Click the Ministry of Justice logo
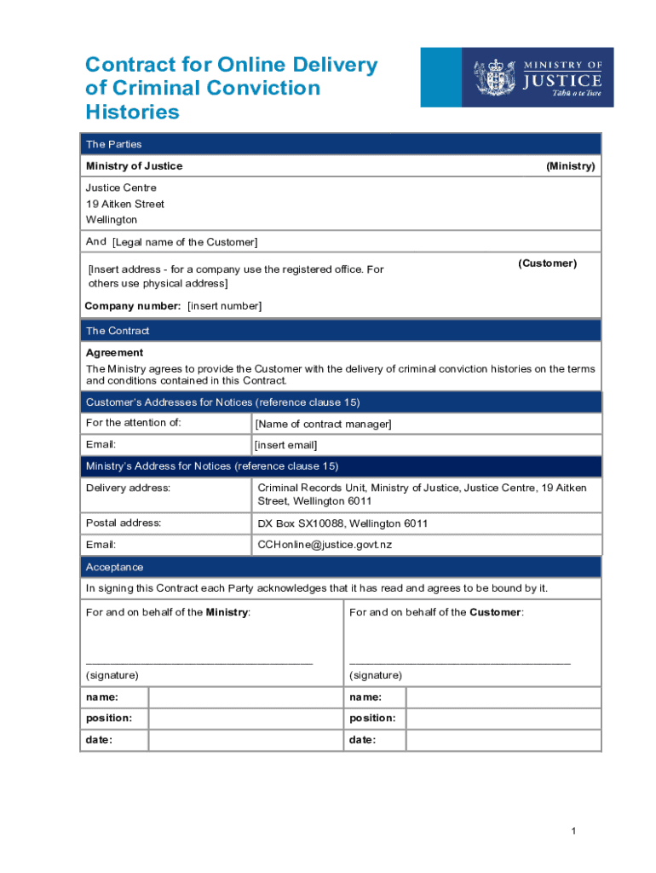click(x=528, y=77)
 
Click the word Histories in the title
click(x=132, y=112)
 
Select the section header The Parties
click(x=113, y=144)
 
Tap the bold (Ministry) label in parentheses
click(x=570, y=166)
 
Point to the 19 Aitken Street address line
click(x=124, y=204)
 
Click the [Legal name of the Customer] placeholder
click(x=185, y=242)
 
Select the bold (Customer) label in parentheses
click(x=547, y=263)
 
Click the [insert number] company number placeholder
click(x=224, y=306)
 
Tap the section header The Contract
click(x=117, y=331)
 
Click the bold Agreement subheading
click(x=114, y=352)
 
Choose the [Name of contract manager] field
click(x=323, y=424)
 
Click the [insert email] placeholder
click(x=286, y=445)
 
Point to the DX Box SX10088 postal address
click(x=342, y=523)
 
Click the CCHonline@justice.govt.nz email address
click(x=325, y=545)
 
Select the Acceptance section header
click(x=114, y=567)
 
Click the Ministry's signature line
click(x=199, y=662)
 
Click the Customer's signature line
click(x=460, y=662)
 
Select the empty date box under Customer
click(x=503, y=740)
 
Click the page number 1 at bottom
click(x=575, y=831)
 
